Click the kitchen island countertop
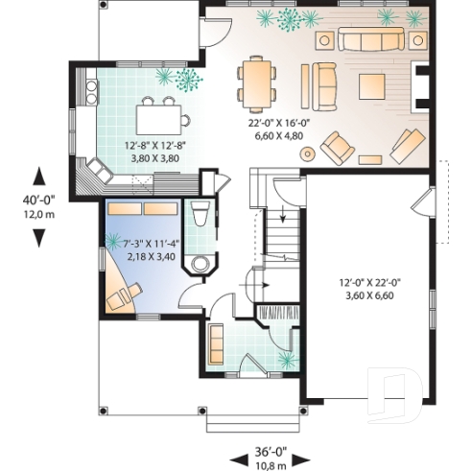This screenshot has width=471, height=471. [x=160, y=119]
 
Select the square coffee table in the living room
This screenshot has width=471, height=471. [x=372, y=86]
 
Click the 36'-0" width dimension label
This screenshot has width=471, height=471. [x=271, y=449]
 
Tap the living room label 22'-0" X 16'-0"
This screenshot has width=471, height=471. [x=276, y=123]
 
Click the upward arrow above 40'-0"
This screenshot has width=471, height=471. [x=38, y=177]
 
